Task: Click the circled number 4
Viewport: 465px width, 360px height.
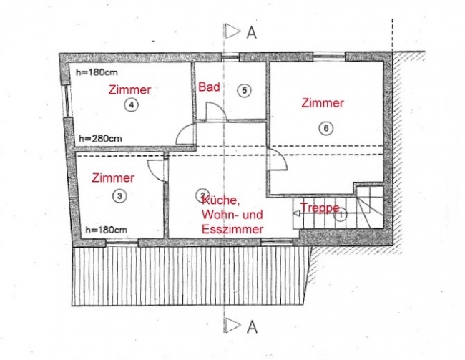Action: pyautogui.click(x=132, y=104)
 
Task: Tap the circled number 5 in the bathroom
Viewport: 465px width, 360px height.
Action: pyautogui.click(x=244, y=90)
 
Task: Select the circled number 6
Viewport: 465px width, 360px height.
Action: pyautogui.click(x=326, y=128)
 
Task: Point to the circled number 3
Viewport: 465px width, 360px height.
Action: pyautogui.click(x=119, y=196)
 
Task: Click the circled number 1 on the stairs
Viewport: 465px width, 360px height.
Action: pyautogui.click(x=341, y=215)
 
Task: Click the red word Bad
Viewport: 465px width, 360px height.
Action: pyautogui.click(x=209, y=87)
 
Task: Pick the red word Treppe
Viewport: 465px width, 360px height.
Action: pyautogui.click(x=320, y=208)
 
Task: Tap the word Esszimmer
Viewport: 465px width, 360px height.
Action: pyautogui.click(x=232, y=229)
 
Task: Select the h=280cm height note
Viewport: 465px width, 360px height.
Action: pyautogui.click(x=100, y=139)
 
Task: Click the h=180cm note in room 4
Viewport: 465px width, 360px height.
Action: pyautogui.click(x=97, y=72)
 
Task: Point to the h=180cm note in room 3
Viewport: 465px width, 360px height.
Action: pyautogui.click(x=107, y=230)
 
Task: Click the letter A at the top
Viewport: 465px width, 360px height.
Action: pyautogui.click(x=252, y=33)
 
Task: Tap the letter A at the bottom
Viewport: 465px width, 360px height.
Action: pyautogui.click(x=252, y=327)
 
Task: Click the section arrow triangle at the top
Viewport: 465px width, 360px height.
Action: pyautogui.click(x=231, y=31)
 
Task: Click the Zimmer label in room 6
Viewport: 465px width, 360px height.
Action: pyautogui.click(x=323, y=103)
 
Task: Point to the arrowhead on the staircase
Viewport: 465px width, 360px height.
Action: pyautogui.click(x=295, y=213)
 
